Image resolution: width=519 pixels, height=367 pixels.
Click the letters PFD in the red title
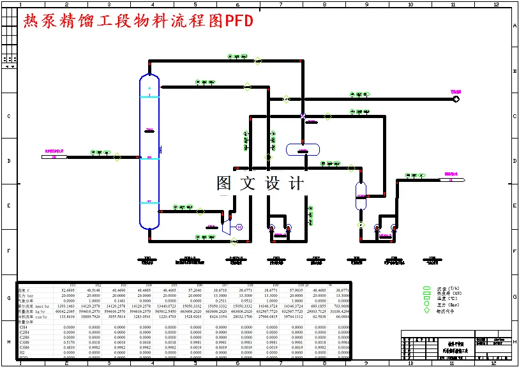(239, 22)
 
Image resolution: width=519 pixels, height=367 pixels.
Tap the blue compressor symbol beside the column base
(225, 226)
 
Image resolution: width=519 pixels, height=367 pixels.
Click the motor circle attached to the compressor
(239, 227)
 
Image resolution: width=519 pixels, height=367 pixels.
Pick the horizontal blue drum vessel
(303, 150)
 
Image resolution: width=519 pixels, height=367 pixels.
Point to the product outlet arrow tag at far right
(452, 179)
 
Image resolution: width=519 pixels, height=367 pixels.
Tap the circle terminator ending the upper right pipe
(456, 98)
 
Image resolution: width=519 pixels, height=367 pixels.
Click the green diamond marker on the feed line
(117, 156)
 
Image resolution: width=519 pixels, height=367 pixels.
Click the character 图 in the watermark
(224, 183)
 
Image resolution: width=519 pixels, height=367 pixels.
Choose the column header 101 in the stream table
(72, 285)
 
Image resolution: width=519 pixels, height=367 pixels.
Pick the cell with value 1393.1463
(66, 306)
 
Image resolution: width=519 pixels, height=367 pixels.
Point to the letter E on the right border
(515, 206)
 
